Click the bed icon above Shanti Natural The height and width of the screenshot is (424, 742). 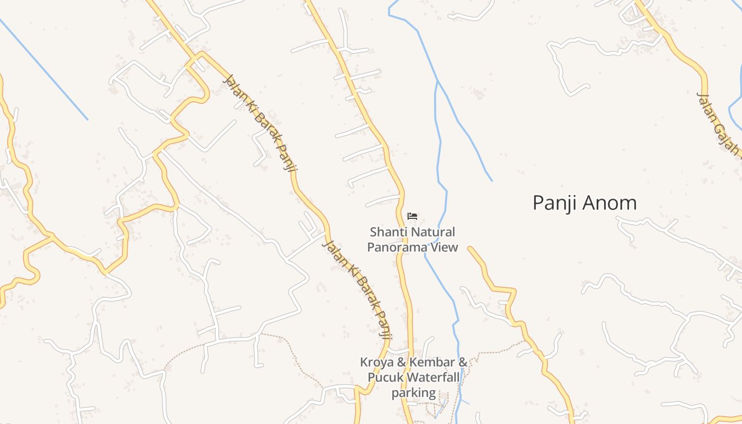[x=412, y=216]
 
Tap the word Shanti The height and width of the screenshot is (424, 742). [x=385, y=232]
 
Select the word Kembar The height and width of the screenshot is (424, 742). [x=432, y=363]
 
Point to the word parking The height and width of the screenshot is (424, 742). [x=414, y=393]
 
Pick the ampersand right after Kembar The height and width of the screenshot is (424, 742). [x=463, y=363]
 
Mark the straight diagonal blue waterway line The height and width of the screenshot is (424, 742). [x=45, y=70]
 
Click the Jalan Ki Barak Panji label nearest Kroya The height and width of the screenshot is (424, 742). [x=359, y=289]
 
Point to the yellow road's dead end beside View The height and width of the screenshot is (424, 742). [x=470, y=248]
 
